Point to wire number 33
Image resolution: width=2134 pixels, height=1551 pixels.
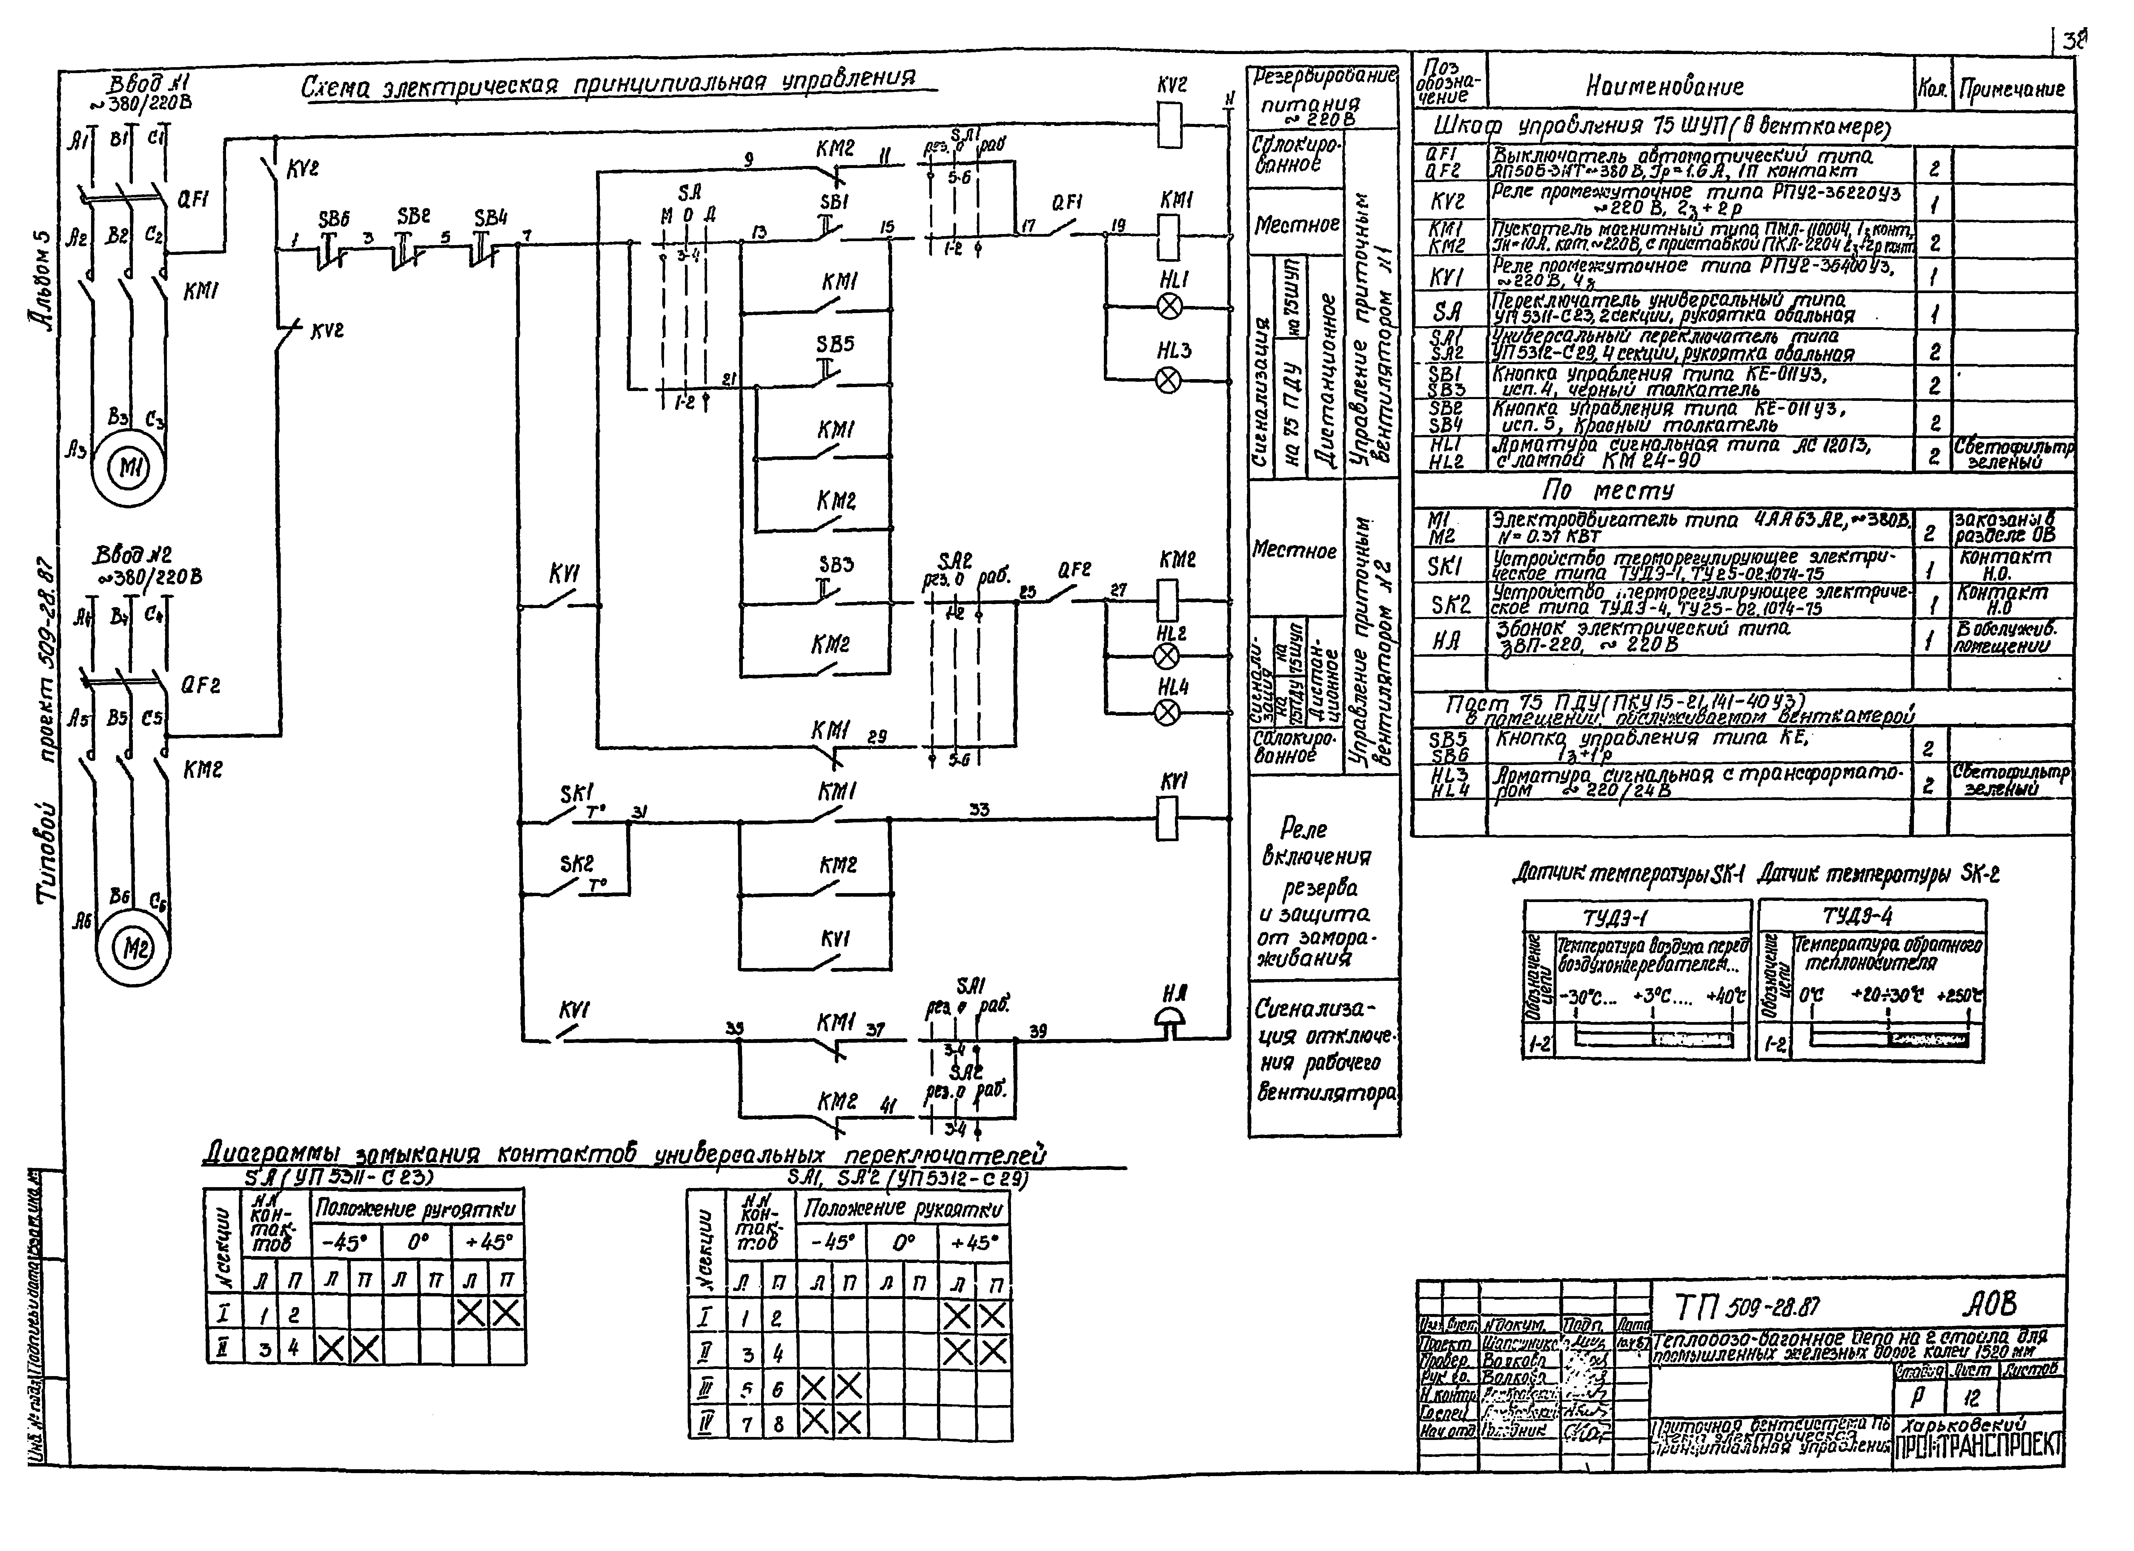(979, 809)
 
